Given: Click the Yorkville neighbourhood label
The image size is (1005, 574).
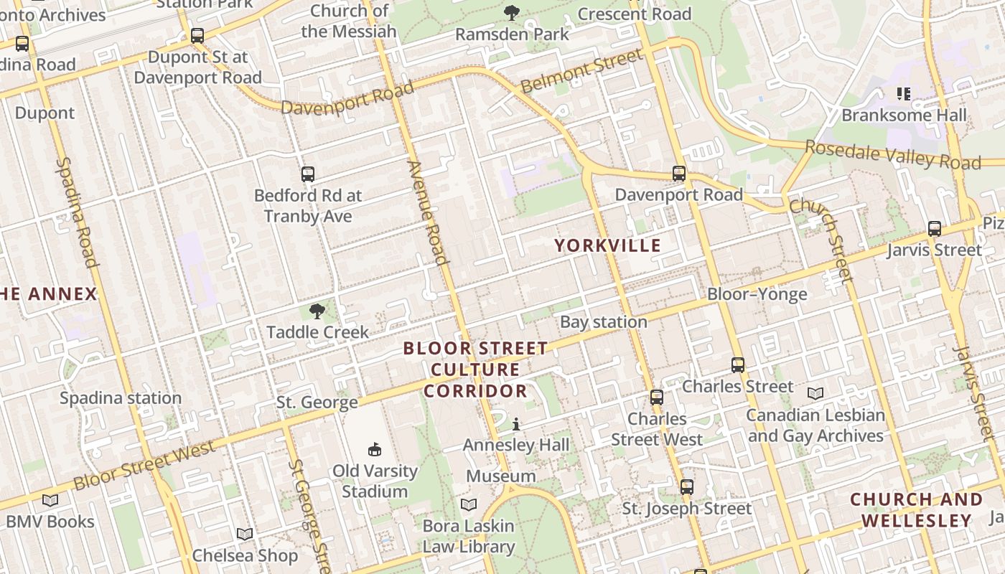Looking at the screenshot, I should [x=607, y=245].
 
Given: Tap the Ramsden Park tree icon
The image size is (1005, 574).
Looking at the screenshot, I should [x=512, y=12].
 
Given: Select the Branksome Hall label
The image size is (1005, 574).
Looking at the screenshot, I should [x=904, y=115].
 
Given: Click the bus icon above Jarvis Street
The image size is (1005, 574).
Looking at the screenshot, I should [x=935, y=229].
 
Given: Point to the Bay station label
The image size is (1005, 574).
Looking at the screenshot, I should [x=603, y=322].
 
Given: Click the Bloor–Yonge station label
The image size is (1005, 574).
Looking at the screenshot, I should [x=757, y=294].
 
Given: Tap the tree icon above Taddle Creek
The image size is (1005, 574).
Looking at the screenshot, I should [x=317, y=311].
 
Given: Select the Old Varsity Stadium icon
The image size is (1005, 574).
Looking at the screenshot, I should [x=374, y=450].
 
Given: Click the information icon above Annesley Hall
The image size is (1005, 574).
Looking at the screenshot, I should [x=515, y=425].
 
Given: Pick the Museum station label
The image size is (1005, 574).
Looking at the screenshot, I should [x=501, y=476].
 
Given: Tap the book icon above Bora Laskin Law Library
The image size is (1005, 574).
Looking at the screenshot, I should [x=469, y=504].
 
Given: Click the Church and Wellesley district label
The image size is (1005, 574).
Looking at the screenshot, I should [x=916, y=510].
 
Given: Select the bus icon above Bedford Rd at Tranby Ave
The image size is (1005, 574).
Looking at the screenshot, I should [x=308, y=174].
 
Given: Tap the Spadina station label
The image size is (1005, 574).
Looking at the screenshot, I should [x=121, y=398].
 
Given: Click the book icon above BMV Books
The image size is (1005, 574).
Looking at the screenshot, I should [x=50, y=500].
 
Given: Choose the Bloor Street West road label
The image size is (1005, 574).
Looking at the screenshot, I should [x=144, y=466].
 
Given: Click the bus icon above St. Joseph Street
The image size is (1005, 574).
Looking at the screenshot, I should [x=687, y=487].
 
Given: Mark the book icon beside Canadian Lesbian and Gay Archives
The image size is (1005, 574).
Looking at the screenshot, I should [x=815, y=394].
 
